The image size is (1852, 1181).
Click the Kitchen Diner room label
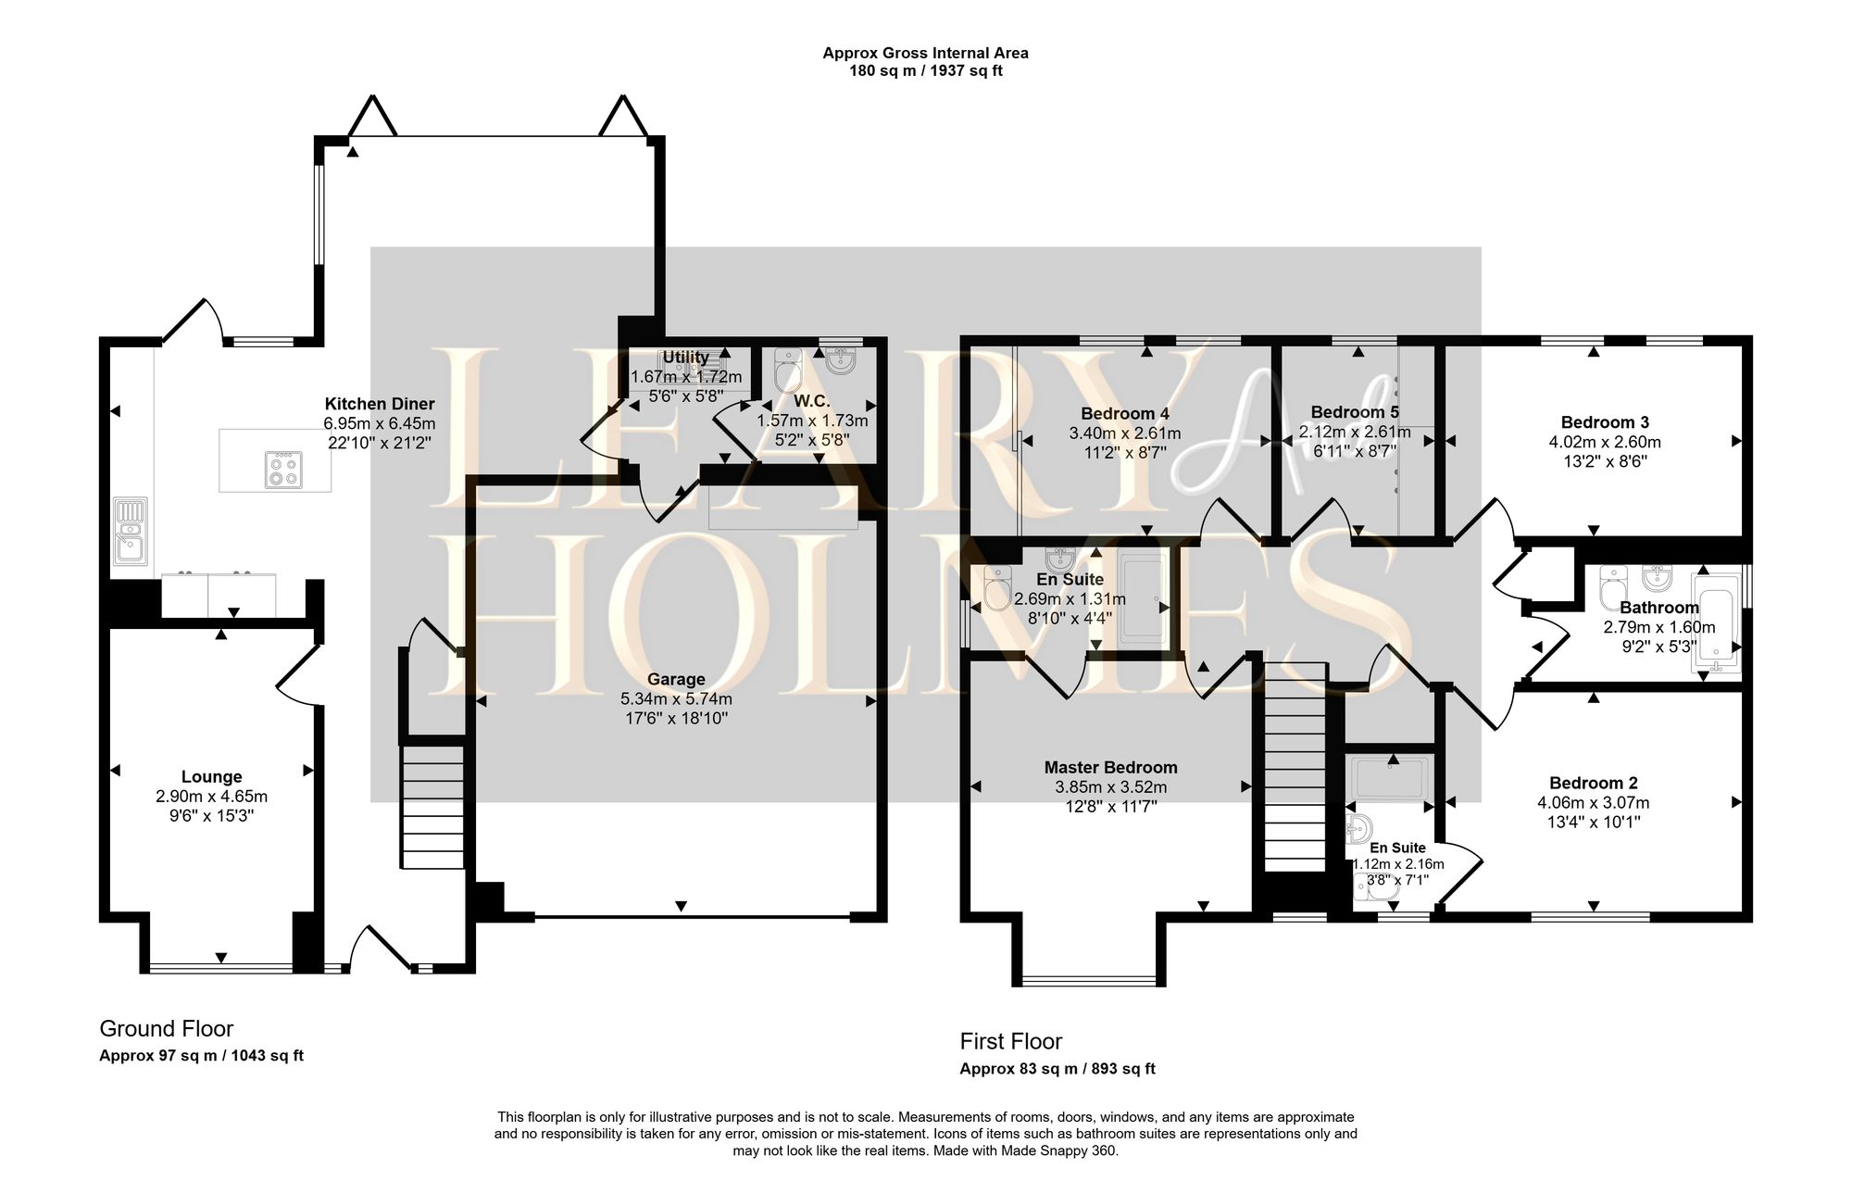pyautogui.click(x=380, y=404)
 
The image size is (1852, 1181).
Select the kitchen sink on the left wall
pyautogui.click(x=131, y=532)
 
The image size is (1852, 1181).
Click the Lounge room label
pyautogui.click(x=212, y=777)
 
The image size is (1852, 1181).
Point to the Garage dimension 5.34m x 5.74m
pyautogui.click(x=676, y=699)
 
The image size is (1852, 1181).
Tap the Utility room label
pyautogui.click(x=686, y=357)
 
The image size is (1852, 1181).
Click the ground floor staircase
pyautogui.click(x=432, y=807)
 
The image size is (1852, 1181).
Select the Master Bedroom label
pyautogui.click(x=1111, y=767)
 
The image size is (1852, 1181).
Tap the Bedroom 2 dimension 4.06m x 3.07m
pyautogui.click(x=1594, y=803)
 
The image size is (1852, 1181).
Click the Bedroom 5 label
pyautogui.click(x=1355, y=412)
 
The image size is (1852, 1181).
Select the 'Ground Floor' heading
pyautogui.click(x=167, y=1028)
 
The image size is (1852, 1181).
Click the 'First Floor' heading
pyautogui.click(x=1011, y=1041)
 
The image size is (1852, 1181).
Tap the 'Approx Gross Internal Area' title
pyautogui.click(x=926, y=53)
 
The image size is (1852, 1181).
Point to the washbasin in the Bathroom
pyautogui.click(x=1658, y=576)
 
